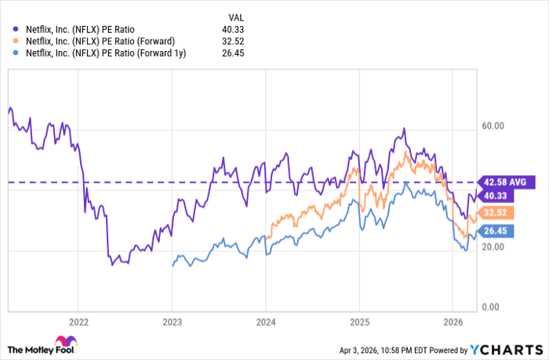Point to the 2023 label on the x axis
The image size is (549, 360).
[172, 321]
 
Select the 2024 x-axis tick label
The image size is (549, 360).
[265, 321]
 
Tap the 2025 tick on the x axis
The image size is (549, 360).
[358, 321]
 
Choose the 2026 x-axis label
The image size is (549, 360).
[452, 321]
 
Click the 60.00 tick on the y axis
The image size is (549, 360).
[492, 125]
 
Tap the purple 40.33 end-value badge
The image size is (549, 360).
[501, 196]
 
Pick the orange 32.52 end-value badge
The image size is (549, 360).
[501, 213]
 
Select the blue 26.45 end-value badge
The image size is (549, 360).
[501, 231]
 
